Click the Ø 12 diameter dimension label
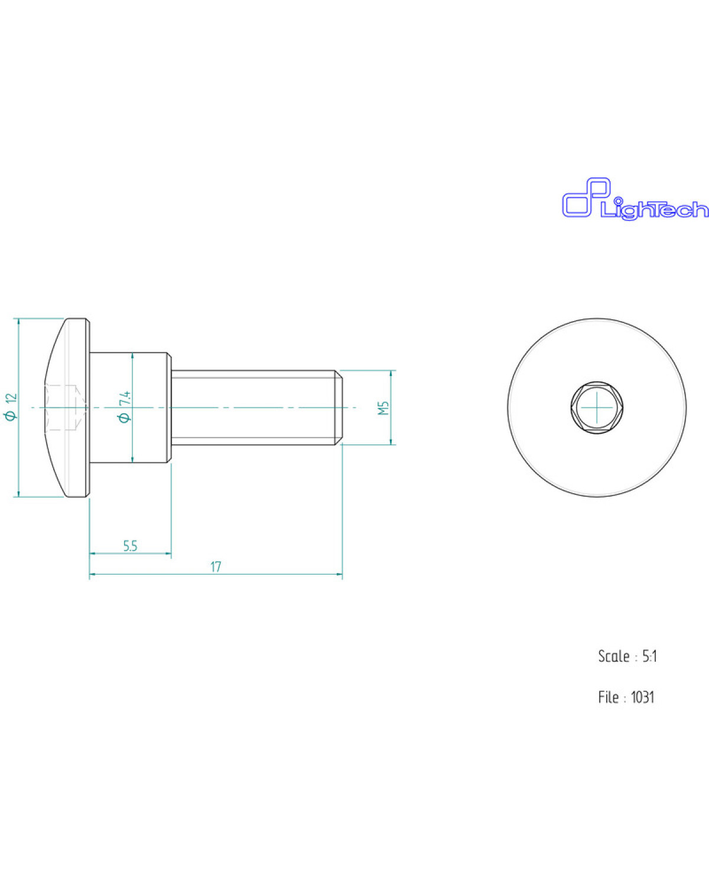coord(12,407)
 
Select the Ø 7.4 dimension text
coord(125,406)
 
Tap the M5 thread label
coord(383,407)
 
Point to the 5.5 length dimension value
coord(130,546)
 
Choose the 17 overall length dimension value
coord(216,566)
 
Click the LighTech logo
coord(635,199)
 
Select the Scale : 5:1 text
coord(627,656)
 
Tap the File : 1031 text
coord(626,697)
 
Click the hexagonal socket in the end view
coord(597,407)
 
